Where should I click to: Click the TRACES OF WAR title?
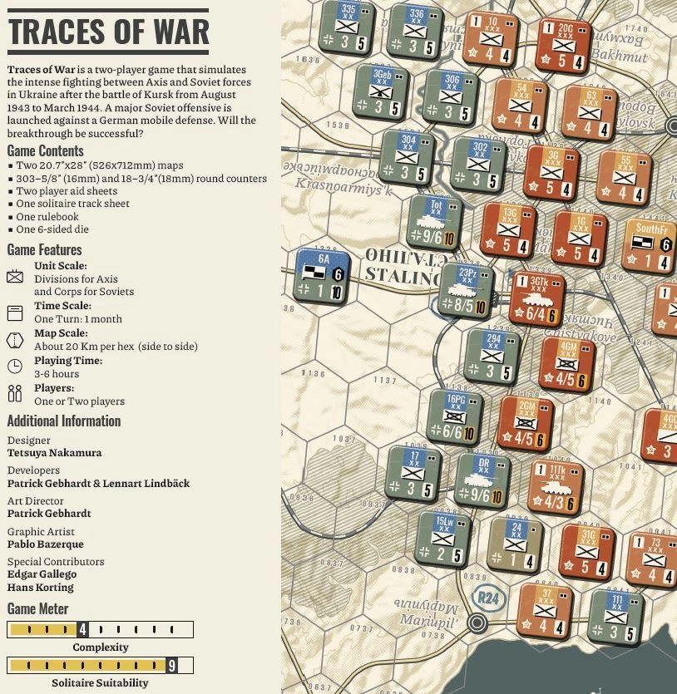tap(108, 32)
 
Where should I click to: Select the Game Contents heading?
tap(45, 151)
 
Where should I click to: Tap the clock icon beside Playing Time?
tap(15, 367)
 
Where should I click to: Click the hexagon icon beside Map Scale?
tap(15, 339)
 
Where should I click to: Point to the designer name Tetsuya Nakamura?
tap(54, 453)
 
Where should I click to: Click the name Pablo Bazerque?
tap(45, 544)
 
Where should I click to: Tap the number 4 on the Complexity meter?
tap(82, 629)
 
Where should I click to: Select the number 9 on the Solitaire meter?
tap(171, 665)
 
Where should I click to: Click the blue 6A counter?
tap(322, 276)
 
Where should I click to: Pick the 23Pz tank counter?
tap(466, 290)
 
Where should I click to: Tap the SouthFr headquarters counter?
tap(650, 246)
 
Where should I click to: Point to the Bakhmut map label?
tap(619, 57)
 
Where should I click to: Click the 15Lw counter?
tap(443, 538)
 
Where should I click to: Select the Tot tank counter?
tap(434, 222)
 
